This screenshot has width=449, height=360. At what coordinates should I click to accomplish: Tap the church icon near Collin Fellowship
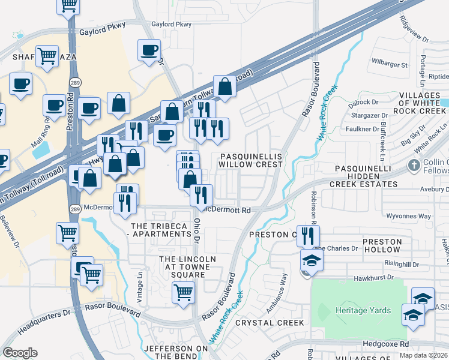coord(412,165)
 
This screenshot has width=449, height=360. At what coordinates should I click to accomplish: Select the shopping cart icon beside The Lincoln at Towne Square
coord(184,293)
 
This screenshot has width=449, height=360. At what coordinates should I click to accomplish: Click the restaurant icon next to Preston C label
coord(308,236)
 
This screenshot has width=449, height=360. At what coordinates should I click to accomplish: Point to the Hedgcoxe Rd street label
coord(385,344)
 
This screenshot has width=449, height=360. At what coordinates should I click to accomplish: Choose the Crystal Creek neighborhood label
coord(270,323)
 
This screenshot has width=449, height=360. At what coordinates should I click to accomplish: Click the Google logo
coord(20,353)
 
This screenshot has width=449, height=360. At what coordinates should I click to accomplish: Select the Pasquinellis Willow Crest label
coord(250,160)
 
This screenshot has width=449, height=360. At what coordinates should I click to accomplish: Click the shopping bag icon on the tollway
coord(224,87)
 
